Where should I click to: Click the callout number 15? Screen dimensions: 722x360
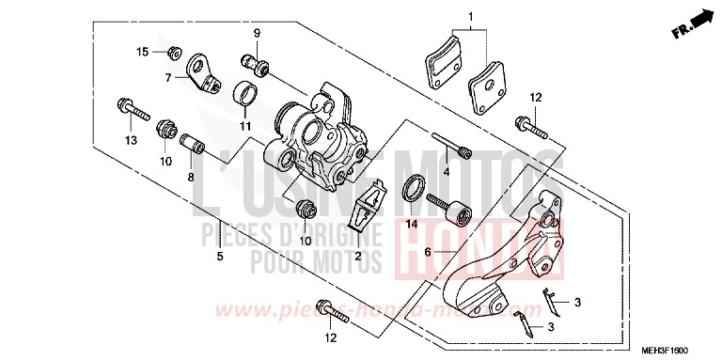(x=143, y=51)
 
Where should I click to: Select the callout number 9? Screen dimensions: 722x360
(x=256, y=34)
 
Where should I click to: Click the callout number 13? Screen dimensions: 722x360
(x=128, y=140)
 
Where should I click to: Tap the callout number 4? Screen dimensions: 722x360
(x=447, y=172)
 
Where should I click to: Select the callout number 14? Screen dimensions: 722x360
(x=411, y=225)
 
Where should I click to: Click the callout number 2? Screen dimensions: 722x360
(x=357, y=257)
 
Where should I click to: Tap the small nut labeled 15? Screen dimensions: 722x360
(x=173, y=50)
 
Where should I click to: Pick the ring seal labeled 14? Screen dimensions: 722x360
(x=413, y=189)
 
